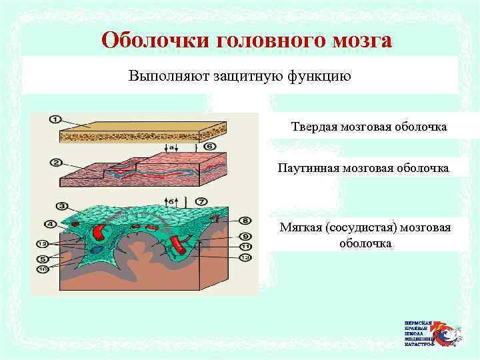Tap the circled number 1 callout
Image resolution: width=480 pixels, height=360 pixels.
tap(54, 120)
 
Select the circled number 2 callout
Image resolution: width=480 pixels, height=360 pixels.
tap(55, 161)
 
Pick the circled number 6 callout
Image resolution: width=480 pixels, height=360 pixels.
tap(209, 146)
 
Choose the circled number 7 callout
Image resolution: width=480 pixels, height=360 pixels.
tap(201, 201)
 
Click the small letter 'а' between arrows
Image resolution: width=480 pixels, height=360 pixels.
tap(171, 147)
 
